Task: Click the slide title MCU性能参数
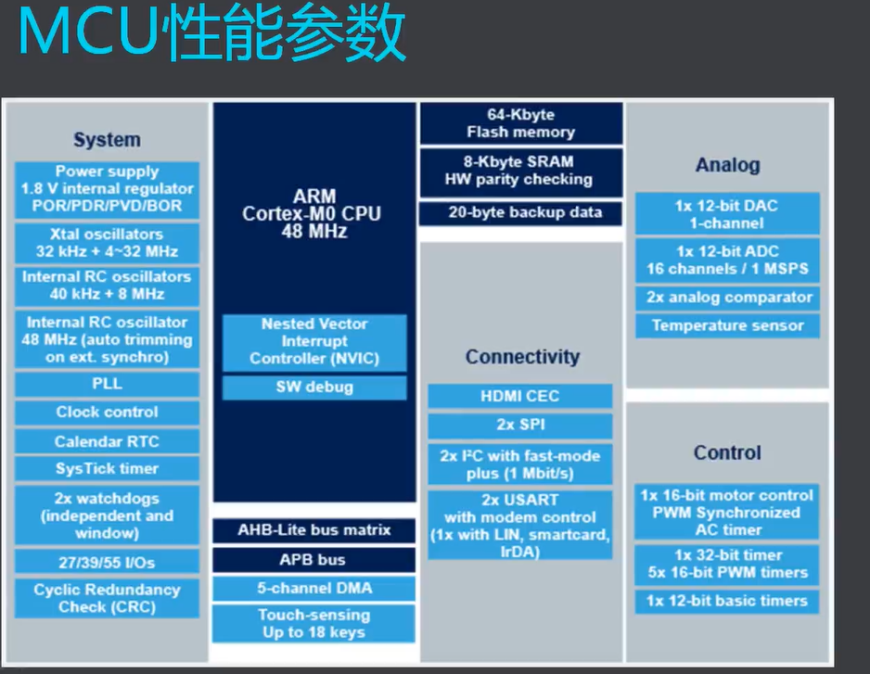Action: [x=211, y=36]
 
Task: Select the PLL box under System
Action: [x=107, y=384]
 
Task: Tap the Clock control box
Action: [x=107, y=413]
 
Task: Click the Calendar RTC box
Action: [x=107, y=441]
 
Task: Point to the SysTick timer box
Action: [x=107, y=469]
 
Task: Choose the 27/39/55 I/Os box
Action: [x=107, y=561]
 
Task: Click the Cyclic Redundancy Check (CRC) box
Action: [x=107, y=598]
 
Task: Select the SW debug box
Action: [x=313, y=387]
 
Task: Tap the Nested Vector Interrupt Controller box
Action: [x=313, y=341]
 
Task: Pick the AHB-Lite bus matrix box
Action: [x=313, y=530]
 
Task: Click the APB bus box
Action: [x=313, y=560]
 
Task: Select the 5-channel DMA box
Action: [x=313, y=588]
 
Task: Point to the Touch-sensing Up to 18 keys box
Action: [x=313, y=623]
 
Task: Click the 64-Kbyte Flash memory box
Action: [x=520, y=123]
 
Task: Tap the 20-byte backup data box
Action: [x=520, y=212]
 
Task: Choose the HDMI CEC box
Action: [x=519, y=396]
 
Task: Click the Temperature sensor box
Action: [x=727, y=325]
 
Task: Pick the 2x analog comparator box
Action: [x=727, y=298]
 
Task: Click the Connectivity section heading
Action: [x=521, y=357]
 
